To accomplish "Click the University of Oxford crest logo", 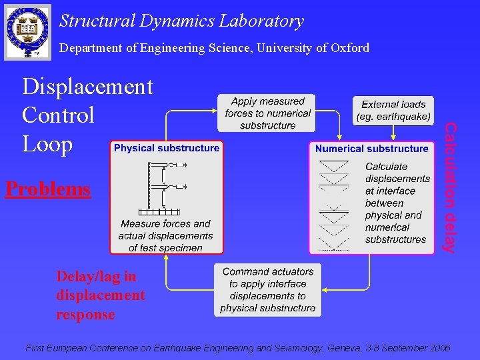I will (x=27, y=31).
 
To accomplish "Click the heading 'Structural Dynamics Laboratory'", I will (x=181, y=21).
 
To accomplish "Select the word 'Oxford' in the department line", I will (x=349, y=47).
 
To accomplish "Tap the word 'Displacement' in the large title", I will (x=87, y=87).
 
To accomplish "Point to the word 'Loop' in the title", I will (x=47, y=144).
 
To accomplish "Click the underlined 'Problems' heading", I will (x=47, y=189).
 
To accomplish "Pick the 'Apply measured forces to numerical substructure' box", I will (x=267, y=113).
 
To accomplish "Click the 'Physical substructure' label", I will (x=167, y=148).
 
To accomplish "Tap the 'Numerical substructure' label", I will (x=372, y=149).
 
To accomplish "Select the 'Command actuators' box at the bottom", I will (x=268, y=290).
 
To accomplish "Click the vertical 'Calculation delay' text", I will (x=451, y=187).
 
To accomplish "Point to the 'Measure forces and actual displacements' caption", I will (x=165, y=236).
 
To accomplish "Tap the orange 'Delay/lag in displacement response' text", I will (x=100, y=295).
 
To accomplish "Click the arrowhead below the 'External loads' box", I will (x=393, y=137).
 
